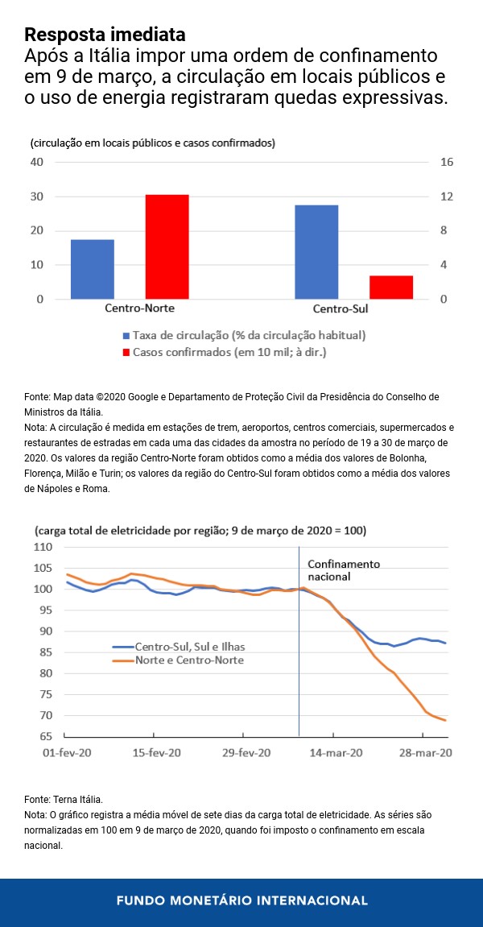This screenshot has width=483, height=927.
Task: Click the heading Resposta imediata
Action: [105, 35]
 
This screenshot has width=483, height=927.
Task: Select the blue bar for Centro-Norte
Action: [93, 269]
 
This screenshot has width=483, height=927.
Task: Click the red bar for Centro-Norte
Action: [167, 246]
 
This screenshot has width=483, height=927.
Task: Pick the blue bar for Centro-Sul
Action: [316, 252]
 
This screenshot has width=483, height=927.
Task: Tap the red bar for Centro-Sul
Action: [391, 288]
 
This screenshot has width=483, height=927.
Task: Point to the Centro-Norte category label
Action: [140, 308]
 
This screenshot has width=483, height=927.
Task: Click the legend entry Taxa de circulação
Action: [249, 335]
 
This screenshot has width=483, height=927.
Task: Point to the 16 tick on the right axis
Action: [448, 162]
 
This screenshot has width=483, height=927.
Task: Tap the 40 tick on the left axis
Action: [36, 162]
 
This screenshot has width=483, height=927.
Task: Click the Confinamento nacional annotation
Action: [344, 570]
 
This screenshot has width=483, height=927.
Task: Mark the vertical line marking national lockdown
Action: [299, 644]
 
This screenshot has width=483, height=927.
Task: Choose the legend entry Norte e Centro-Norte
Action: [188, 660]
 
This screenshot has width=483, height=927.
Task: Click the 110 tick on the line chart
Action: [43, 548]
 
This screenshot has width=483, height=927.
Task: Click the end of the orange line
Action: [446, 720]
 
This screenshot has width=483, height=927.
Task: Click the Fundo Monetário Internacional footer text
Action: [242, 900]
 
